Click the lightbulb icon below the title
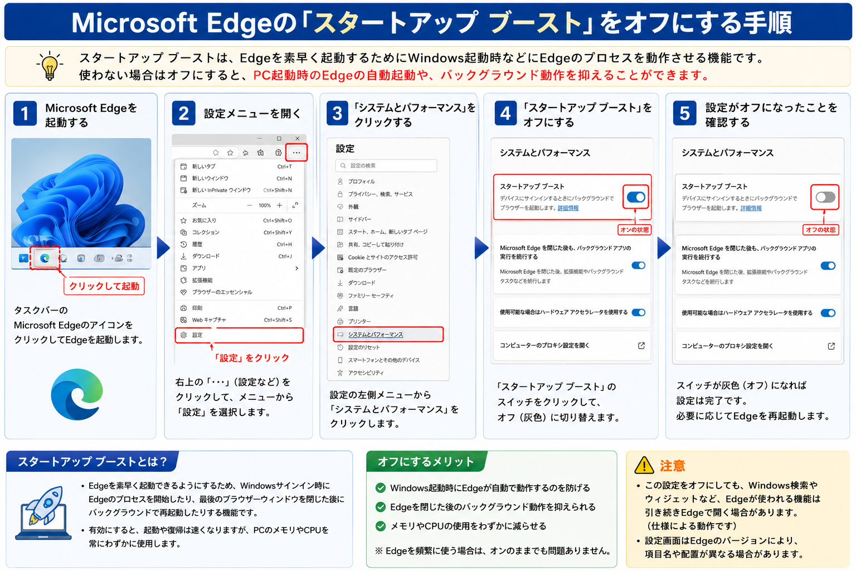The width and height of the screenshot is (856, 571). tap(50, 66)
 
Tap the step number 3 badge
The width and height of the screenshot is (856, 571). tap(337, 113)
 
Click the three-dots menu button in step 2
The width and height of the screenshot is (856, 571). tap(296, 153)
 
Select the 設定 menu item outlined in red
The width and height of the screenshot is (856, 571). tap(239, 335)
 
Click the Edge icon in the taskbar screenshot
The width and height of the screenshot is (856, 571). tap(45, 258)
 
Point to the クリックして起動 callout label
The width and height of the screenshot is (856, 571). tap(104, 286)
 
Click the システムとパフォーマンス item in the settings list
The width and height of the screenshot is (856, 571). tap(388, 334)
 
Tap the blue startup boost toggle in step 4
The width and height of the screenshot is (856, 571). tap(636, 197)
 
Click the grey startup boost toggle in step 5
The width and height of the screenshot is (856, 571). tap(825, 197)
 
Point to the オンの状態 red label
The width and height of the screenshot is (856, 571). tap(634, 230)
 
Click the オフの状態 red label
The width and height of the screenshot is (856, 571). tap(820, 230)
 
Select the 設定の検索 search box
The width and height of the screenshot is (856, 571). tap(386, 166)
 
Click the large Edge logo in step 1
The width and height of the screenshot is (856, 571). tap(77, 394)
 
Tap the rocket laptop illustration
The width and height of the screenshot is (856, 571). tap(43, 512)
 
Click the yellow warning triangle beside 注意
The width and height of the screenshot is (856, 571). tap(644, 465)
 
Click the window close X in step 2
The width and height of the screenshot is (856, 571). tap(297, 138)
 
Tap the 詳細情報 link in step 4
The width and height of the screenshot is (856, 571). tap(568, 208)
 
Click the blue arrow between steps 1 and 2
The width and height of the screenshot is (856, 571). tap(163, 248)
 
